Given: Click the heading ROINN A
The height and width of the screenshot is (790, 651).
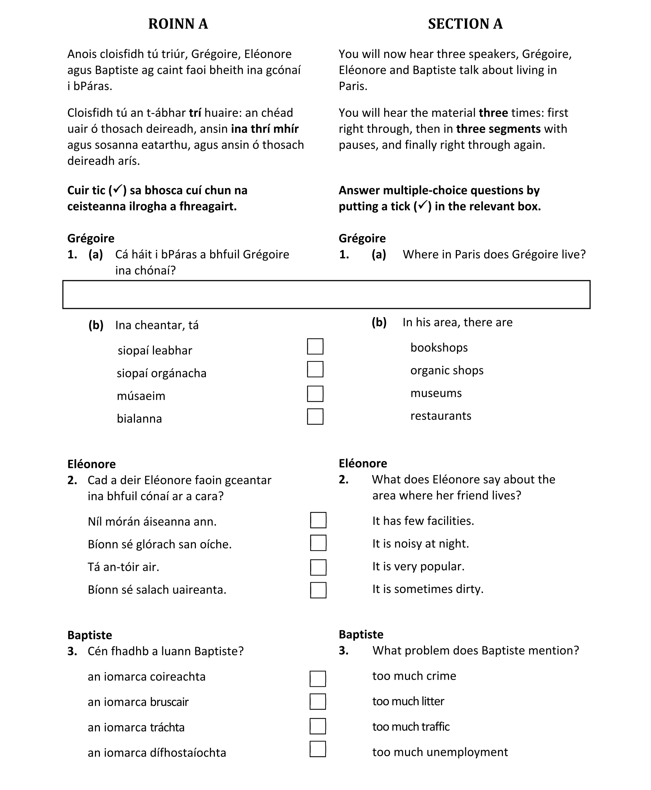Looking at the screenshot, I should click(178, 24).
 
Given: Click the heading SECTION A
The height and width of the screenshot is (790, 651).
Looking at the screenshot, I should click(465, 24).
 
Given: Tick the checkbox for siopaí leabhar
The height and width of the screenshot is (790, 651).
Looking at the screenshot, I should click(315, 346).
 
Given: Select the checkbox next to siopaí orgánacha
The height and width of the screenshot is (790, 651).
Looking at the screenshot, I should click(315, 369).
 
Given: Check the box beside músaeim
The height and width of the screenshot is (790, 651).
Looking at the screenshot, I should click(315, 394).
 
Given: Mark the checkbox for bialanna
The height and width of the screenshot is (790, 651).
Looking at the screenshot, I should click(315, 416).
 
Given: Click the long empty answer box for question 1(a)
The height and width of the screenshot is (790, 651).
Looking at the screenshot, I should click(326, 295).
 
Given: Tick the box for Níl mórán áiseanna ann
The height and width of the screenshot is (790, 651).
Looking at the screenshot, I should click(318, 520).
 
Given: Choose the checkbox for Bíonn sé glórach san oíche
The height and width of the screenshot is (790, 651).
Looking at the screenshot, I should click(318, 543).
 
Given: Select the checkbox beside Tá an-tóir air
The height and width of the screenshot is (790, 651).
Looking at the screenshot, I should click(318, 567).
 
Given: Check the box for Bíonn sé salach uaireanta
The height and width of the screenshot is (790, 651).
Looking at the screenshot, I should click(318, 590).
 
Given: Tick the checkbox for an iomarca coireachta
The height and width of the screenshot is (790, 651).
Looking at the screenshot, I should click(318, 679).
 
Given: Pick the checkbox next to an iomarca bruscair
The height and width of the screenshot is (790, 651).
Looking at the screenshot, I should click(318, 702).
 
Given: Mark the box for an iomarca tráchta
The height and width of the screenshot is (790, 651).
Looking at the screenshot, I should click(318, 726).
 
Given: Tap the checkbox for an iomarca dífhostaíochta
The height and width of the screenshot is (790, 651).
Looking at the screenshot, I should click(318, 749).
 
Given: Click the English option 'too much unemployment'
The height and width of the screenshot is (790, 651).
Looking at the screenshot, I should click(440, 752).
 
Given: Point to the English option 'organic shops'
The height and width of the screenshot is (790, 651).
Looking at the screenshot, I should click(447, 370).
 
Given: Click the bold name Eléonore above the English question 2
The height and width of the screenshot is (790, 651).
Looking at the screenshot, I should click(363, 463).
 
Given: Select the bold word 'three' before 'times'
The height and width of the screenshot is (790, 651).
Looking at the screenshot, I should click(493, 113).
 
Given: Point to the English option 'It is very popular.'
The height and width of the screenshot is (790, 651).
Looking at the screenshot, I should click(418, 566).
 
